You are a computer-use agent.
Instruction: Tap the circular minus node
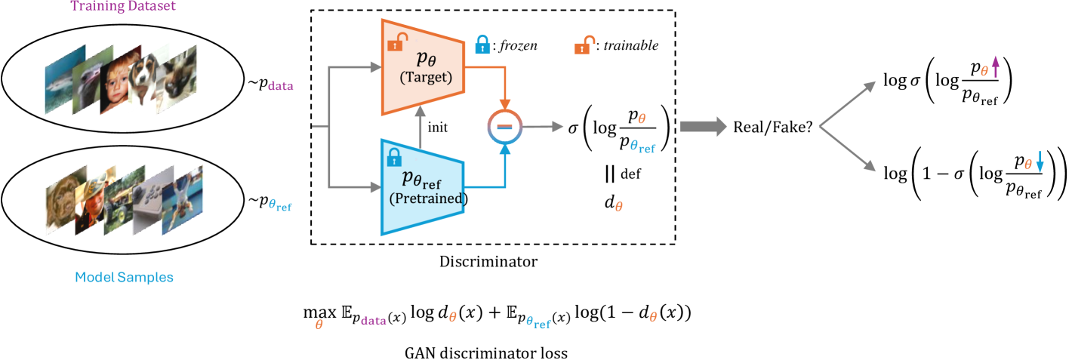[505, 128]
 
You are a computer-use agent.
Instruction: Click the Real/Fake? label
[773, 128]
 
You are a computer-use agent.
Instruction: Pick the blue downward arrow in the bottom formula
[1040, 161]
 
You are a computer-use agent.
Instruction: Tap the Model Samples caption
[124, 277]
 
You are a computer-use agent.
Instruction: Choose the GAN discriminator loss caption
[485, 351]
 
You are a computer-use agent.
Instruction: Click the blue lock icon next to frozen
[480, 45]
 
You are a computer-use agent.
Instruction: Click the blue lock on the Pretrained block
[393, 156]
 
